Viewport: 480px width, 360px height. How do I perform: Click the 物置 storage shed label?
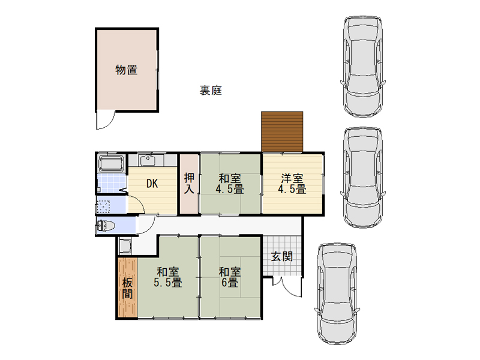127,70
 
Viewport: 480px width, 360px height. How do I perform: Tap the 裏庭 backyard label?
211,91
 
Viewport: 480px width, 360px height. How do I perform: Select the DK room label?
152,184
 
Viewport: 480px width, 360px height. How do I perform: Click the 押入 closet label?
189,183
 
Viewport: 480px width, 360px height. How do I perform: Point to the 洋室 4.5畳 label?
292,184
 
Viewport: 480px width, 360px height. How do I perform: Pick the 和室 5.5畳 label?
168,277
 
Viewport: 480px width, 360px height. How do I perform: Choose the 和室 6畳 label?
230,277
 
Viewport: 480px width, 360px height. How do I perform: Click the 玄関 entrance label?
282,257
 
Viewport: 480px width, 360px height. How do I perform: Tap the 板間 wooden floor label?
127,289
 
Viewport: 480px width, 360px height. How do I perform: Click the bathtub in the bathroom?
111,164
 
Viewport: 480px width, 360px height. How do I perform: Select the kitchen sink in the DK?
148,160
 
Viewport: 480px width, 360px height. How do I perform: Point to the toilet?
106,226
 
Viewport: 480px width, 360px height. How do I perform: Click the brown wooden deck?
282,131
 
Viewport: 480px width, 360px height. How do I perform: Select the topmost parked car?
363,67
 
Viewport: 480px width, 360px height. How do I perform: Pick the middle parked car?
363,178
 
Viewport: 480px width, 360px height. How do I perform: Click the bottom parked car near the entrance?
337,294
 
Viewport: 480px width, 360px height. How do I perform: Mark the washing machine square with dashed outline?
103,206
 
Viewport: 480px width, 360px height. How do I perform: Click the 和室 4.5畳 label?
230,184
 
